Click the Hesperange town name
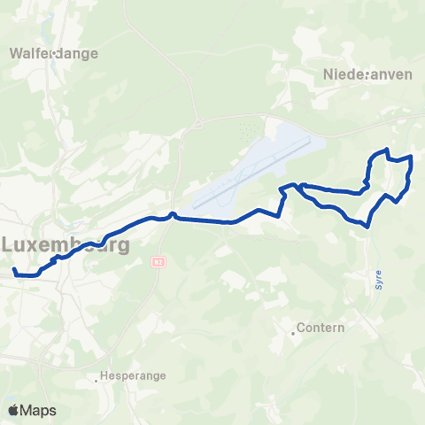click(135, 375)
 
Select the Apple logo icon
click(13, 410)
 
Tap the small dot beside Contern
click(293, 334)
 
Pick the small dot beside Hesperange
click(97, 382)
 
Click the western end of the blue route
click(13, 267)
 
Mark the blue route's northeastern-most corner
click(412, 157)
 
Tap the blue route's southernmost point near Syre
click(367, 226)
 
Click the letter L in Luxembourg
click(9, 244)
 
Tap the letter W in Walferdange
click(15, 52)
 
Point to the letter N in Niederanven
click(328, 74)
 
